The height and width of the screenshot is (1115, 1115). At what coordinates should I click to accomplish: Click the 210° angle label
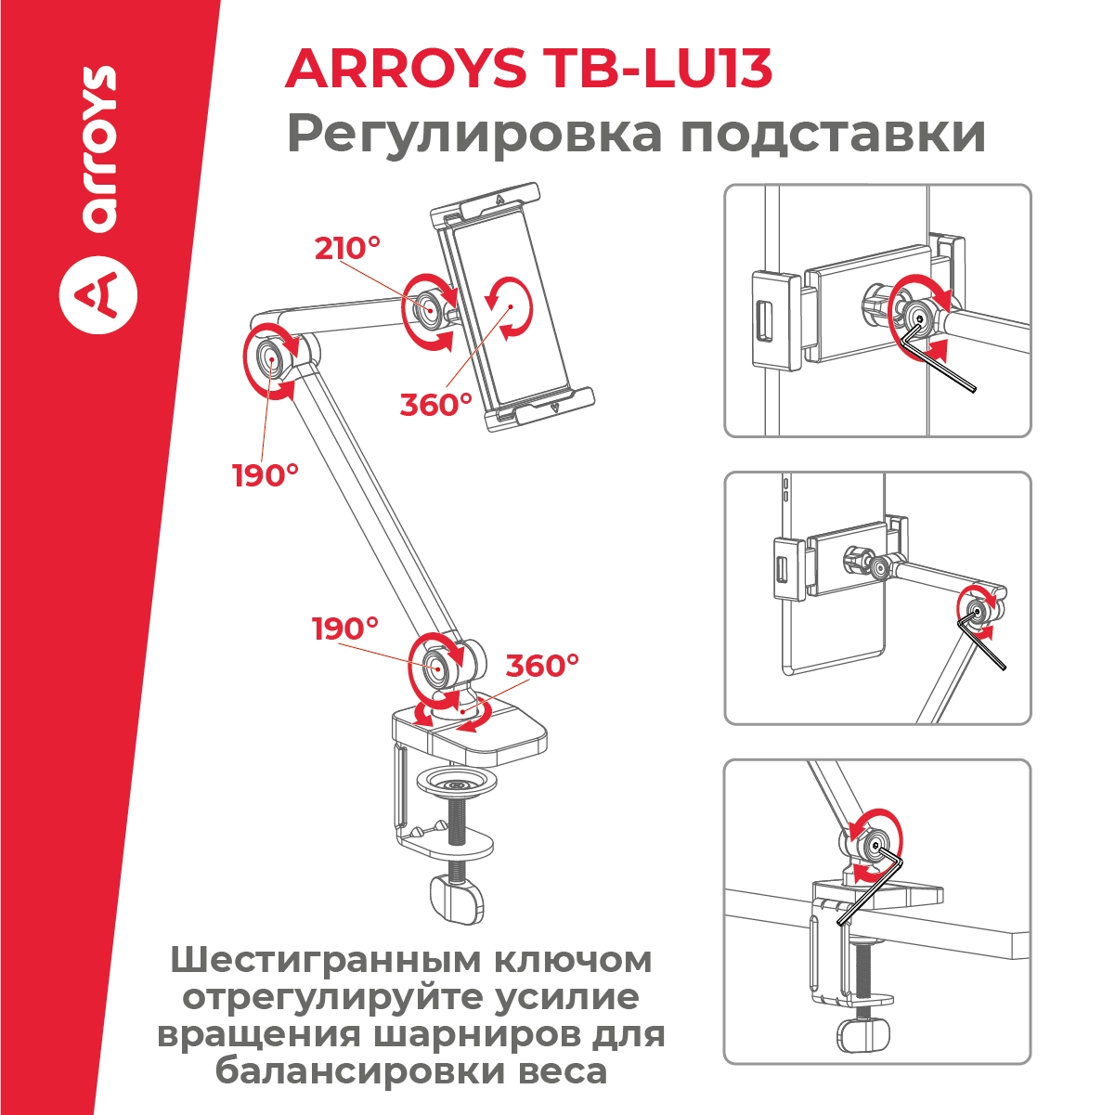[348, 248]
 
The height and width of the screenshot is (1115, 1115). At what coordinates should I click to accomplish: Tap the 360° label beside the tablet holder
[436, 404]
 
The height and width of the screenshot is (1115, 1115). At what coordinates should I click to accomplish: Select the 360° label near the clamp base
[542, 666]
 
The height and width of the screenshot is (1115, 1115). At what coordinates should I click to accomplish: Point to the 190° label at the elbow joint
[266, 475]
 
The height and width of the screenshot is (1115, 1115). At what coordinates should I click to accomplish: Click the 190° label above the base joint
[345, 629]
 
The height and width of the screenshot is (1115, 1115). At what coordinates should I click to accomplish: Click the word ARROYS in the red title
[406, 69]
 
